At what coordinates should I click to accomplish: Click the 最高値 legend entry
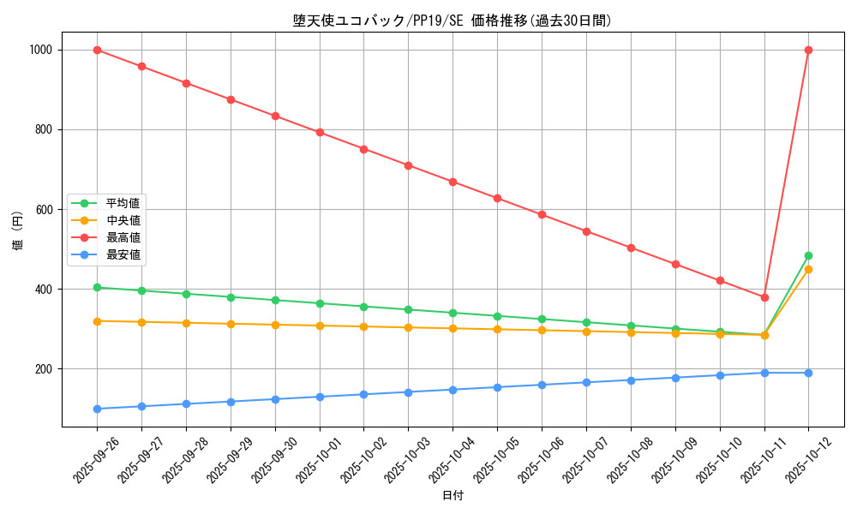[x=123, y=237]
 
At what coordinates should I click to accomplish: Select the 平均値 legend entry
[x=123, y=203]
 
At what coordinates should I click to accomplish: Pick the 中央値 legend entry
[x=123, y=220]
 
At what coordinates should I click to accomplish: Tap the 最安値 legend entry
[x=123, y=254]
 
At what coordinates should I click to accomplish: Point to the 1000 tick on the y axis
[x=40, y=50]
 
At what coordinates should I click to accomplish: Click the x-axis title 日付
[x=452, y=496]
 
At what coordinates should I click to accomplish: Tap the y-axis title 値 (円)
[x=18, y=231]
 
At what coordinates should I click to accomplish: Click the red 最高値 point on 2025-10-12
[x=808, y=50]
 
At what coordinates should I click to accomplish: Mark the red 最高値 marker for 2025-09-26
[x=97, y=50]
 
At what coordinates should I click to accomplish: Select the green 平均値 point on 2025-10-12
[x=808, y=255]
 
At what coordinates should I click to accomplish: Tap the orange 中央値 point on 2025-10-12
[x=808, y=269]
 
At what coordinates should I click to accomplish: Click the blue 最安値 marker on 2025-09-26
[x=97, y=409]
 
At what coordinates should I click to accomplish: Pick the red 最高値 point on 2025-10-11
[x=764, y=297]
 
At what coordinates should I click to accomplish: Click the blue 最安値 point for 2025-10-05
[x=497, y=387]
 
